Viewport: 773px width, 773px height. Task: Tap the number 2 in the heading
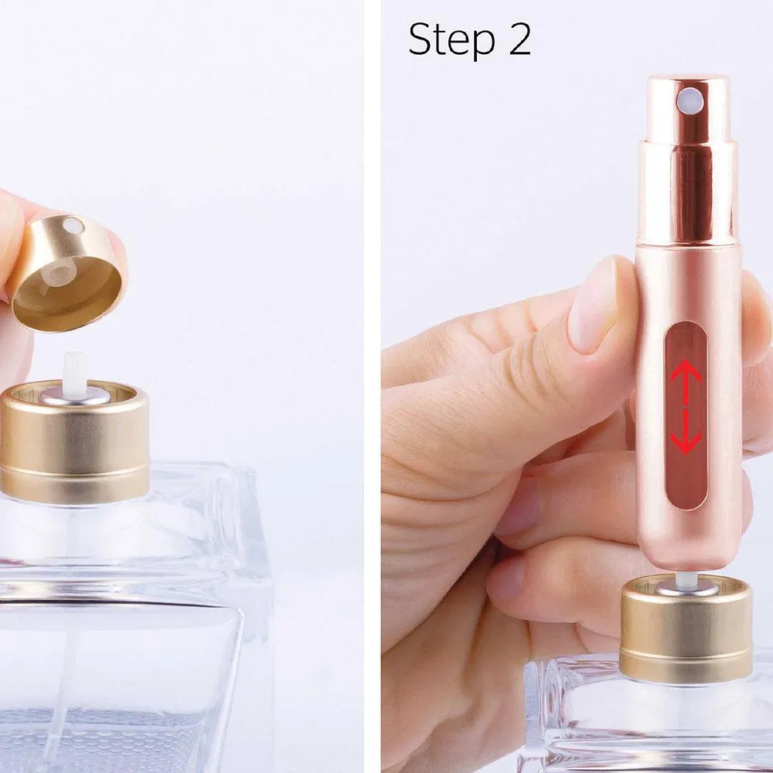click(x=519, y=39)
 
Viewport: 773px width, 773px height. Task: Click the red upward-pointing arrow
click(x=686, y=375)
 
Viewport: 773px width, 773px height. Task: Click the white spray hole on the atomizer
click(x=689, y=100)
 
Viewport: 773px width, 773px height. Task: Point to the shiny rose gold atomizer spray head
click(x=687, y=155)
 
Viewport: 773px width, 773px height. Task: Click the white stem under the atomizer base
click(x=683, y=581)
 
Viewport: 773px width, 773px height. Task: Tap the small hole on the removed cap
click(x=73, y=226)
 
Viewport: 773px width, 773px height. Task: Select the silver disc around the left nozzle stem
click(x=74, y=397)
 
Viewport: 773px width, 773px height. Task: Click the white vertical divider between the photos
click(x=372, y=386)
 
